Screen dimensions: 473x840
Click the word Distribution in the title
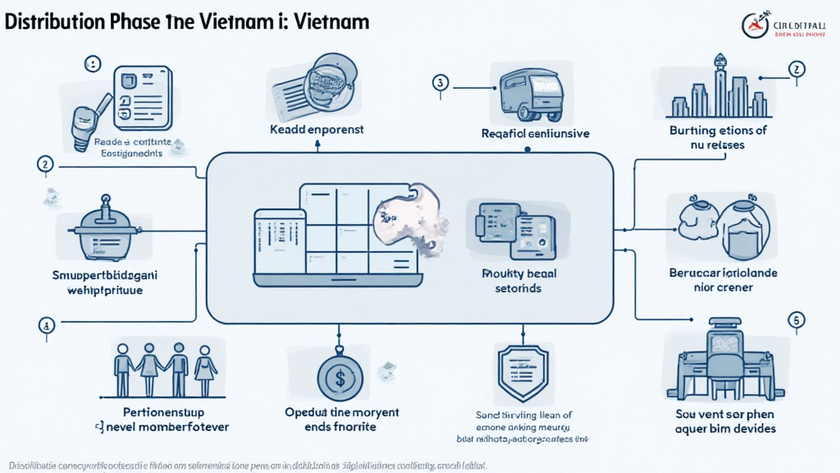click(54, 22)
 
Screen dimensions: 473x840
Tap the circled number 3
click(441, 82)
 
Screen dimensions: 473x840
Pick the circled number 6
click(794, 320)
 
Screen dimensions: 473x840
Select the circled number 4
click(46, 324)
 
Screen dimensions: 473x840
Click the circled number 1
click(93, 63)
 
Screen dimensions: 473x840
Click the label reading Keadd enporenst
click(317, 130)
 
